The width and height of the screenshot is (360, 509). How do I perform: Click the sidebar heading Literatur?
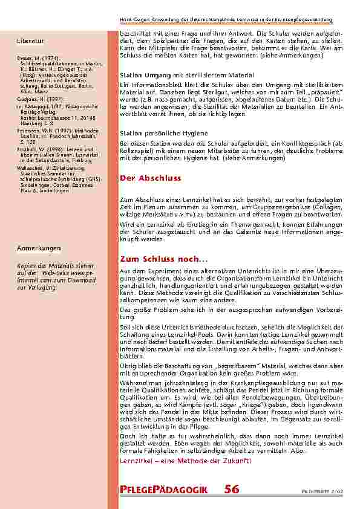coord(31,41)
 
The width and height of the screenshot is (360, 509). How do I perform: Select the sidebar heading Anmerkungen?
coord(39,248)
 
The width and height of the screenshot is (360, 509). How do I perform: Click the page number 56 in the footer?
coord(232,490)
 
